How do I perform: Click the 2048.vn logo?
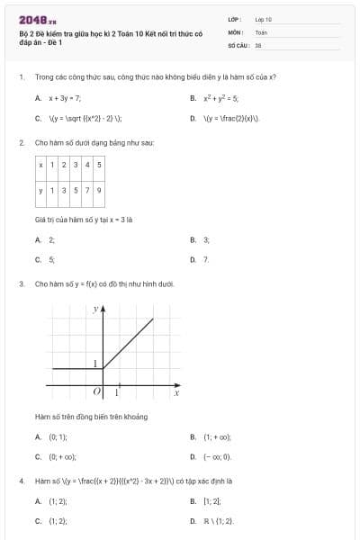pos(31,19)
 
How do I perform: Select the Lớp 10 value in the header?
pos(263,19)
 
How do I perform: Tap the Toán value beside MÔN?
pos(260,31)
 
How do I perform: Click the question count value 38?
pos(258,44)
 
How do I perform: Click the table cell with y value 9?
pos(98,190)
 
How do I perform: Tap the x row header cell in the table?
pos(40,166)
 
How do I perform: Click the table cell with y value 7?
pos(86,190)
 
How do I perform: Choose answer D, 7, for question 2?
pos(206,259)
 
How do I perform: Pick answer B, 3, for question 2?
pos(206,240)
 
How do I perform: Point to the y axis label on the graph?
pos(95,309)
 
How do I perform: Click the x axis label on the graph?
pos(176,393)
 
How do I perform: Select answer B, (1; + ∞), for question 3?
pos(217,436)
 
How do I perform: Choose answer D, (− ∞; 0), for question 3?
pos(217,456)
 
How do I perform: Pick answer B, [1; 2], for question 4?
pos(212,500)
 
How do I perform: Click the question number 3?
pos(21,283)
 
